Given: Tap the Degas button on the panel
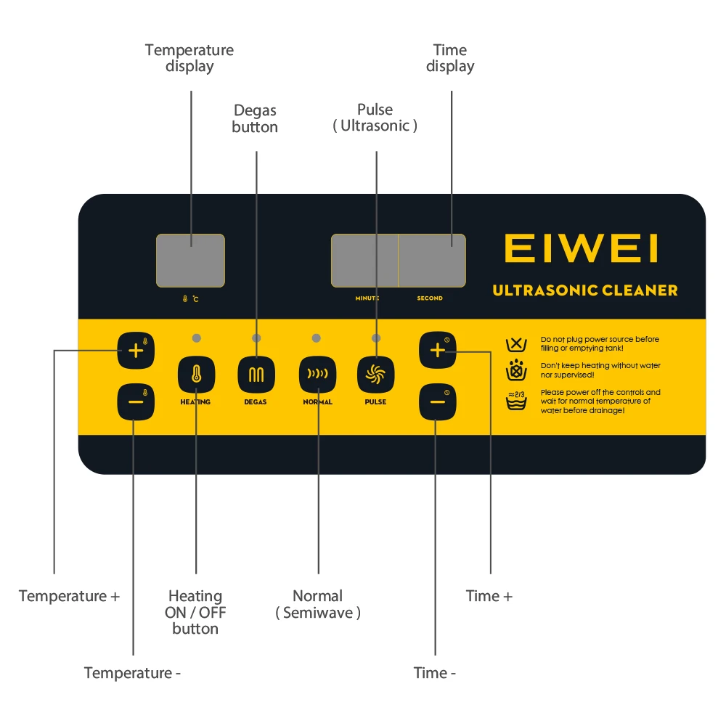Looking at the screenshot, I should click(x=256, y=375).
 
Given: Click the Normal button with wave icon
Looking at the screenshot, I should click(x=317, y=375).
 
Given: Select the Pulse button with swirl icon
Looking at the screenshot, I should click(x=376, y=375).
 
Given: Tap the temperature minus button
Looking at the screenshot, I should click(x=136, y=401).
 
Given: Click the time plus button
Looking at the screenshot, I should click(x=437, y=351).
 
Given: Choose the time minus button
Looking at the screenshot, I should click(x=437, y=401).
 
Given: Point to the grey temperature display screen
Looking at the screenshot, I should click(x=190, y=260).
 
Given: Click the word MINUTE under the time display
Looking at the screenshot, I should click(x=367, y=298).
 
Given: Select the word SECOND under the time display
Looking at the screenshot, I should click(x=430, y=298).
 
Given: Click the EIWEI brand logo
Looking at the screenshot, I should click(x=581, y=248).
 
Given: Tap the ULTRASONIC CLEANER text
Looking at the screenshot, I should click(x=585, y=290).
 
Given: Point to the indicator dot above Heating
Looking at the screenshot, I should click(x=196, y=338).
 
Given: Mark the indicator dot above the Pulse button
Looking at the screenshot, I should click(x=375, y=338).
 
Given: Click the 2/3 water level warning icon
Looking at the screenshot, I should click(x=516, y=400).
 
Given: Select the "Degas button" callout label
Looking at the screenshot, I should click(x=255, y=118).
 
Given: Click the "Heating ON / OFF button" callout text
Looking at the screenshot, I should click(x=195, y=612).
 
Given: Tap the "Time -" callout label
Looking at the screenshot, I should click(x=435, y=673).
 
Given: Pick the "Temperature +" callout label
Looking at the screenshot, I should click(x=69, y=596).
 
